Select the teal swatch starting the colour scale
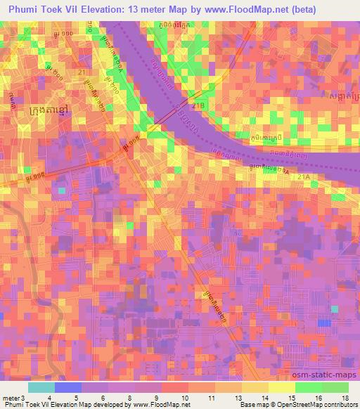[x=41, y=387]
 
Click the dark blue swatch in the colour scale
[x=67, y=387]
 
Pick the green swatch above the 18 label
[x=335, y=387]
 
